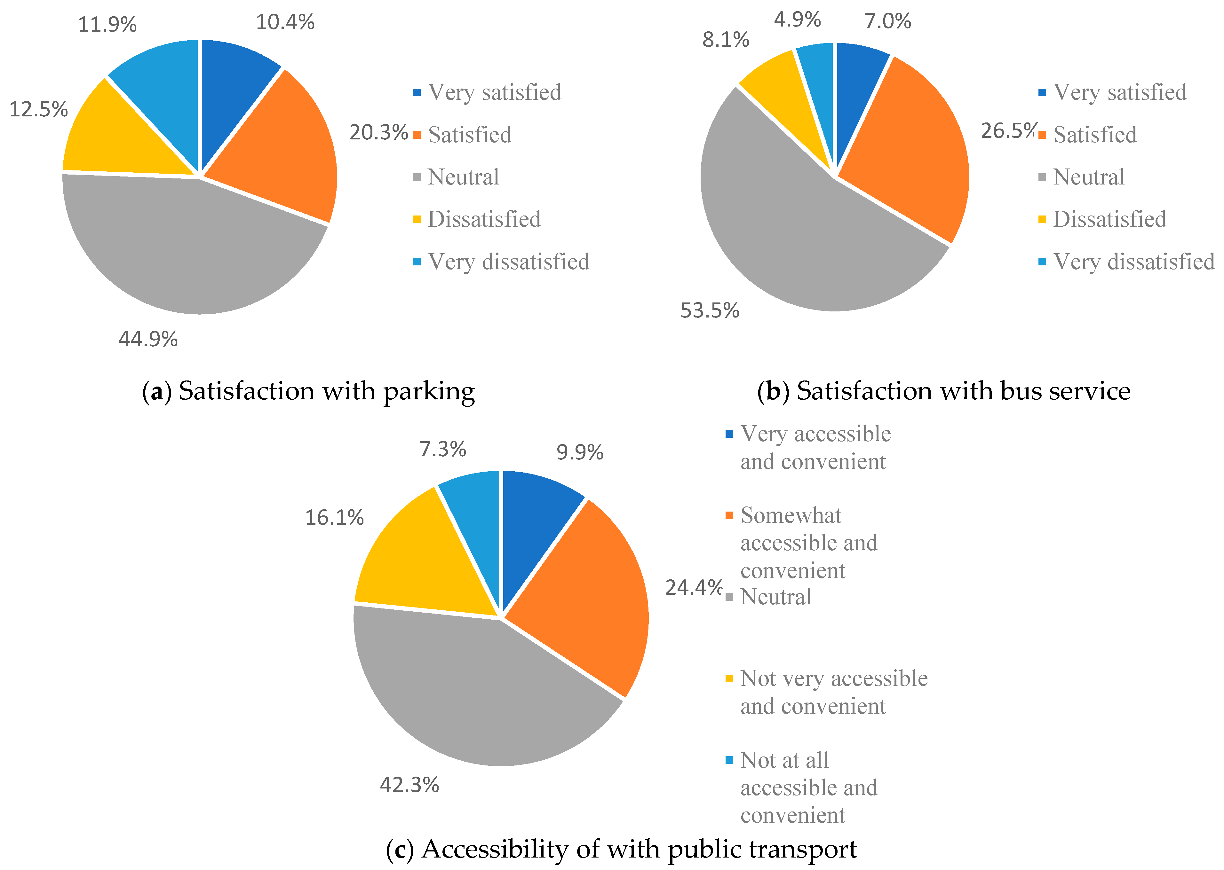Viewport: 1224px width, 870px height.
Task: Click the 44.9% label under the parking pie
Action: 148,339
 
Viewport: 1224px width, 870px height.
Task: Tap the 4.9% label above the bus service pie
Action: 797,20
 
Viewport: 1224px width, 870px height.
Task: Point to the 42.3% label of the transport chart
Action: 409,785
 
